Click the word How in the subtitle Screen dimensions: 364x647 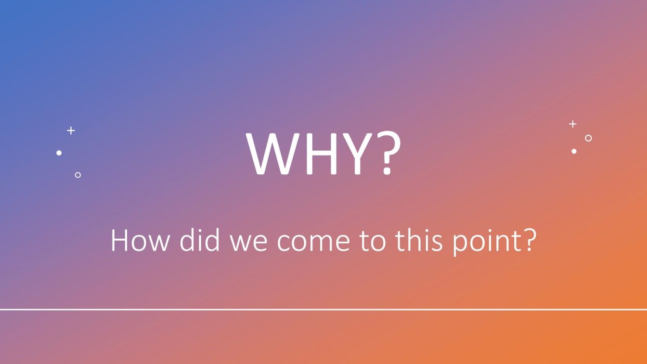pyautogui.click(x=140, y=240)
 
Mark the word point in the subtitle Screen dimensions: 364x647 pyautogui.click(x=486, y=242)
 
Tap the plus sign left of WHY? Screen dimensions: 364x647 pyautogui.click(x=71, y=130)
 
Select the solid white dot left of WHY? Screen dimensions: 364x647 pyautogui.click(x=59, y=153)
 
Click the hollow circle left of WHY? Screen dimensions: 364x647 pyautogui.click(x=78, y=175)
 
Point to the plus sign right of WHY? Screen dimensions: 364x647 pyautogui.click(x=572, y=124)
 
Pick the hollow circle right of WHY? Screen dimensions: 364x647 pyautogui.click(x=588, y=138)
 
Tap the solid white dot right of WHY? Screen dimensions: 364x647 pyautogui.click(x=574, y=151)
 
